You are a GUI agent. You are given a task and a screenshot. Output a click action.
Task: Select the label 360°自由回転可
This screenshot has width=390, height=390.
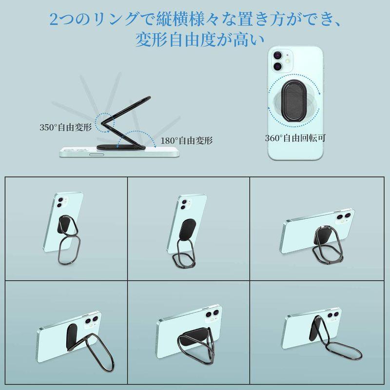[295, 138]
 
